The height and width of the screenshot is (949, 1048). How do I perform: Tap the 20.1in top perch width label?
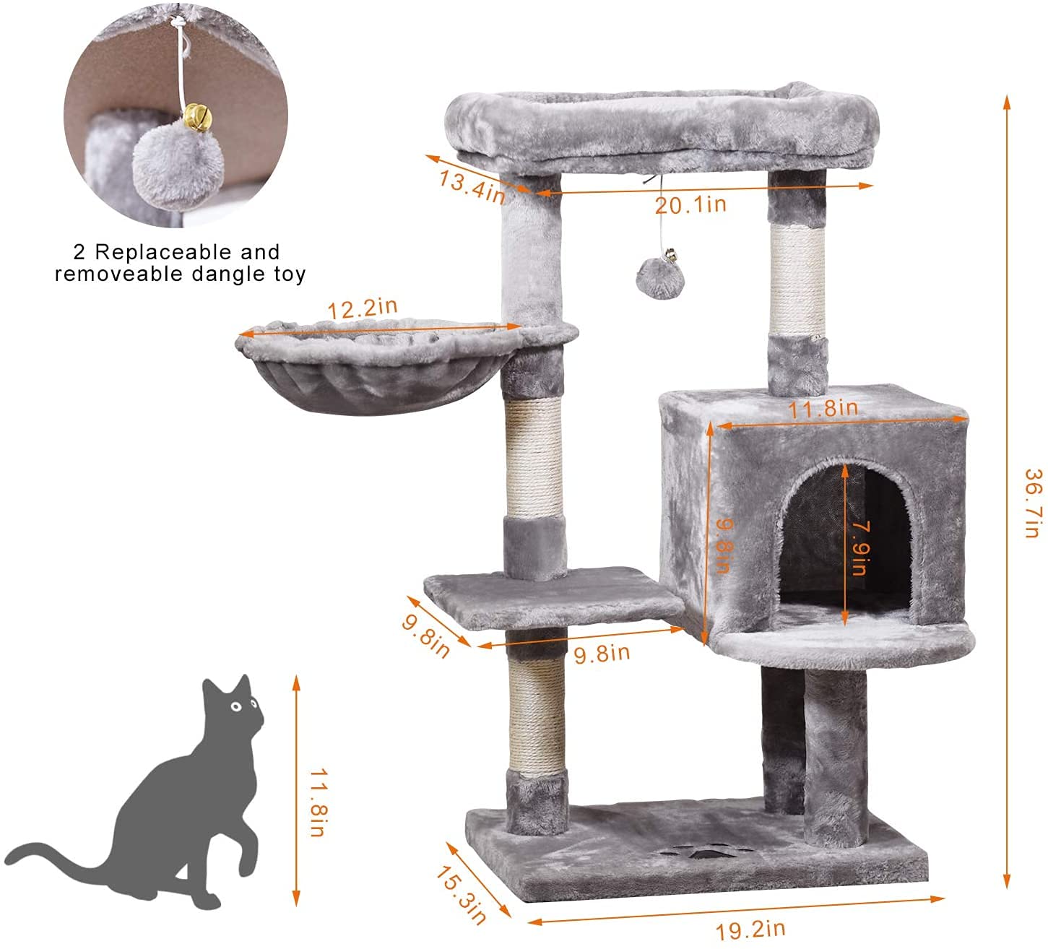(x=690, y=205)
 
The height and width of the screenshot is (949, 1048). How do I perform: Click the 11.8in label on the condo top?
(x=823, y=409)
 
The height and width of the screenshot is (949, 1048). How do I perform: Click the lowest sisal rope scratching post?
(x=534, y=716)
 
